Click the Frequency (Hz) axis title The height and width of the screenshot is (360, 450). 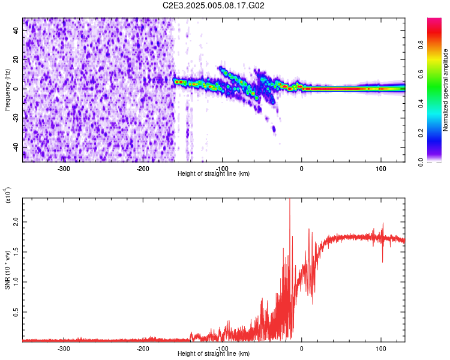7,90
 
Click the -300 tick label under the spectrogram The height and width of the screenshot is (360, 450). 64,169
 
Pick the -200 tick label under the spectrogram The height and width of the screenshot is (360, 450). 143,169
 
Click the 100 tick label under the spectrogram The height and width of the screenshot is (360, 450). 380,169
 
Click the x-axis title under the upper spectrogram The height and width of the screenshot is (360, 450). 214,174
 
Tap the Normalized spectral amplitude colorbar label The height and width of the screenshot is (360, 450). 446,90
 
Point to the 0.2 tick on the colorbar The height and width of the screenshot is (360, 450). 439,133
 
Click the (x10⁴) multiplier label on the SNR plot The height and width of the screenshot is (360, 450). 8,196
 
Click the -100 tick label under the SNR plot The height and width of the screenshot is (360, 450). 222,348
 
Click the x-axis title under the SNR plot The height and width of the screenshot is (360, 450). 214,354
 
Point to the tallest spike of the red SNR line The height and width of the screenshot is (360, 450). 290,200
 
